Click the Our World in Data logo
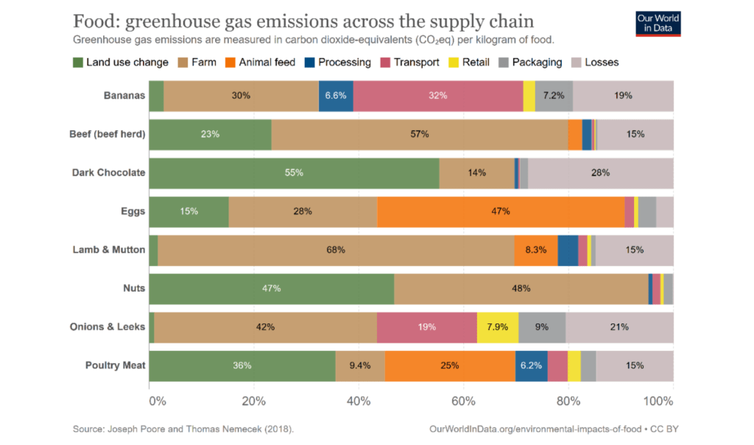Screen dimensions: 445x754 pyautogui.click(x=658, y=23)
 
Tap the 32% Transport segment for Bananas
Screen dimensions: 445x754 pyautogui.click(x=438, y=96)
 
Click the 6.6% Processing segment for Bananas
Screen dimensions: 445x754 pyautogui.click(x=336, y=96)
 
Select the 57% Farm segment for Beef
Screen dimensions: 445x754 pyautogui.click(x=420, y=134)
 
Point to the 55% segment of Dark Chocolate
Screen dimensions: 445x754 pyautogui.click(x=294, y=172)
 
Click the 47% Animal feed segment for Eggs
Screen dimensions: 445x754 pyautogui.click(x=501, y=211)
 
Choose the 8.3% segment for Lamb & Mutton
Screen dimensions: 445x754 pyautogui.click(x=535, y=250)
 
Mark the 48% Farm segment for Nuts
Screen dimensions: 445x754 pyautogui.click(x=521, y=288)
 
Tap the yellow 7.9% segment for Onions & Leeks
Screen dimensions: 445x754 pyautogui.click(x=498, y=326)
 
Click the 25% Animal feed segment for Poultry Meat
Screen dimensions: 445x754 pyautogui.click(x=450, y=365)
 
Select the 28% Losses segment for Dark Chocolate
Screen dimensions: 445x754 pyautogui.click(x=600, y=172)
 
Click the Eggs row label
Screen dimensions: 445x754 pyautogui.click(x=133, y=211)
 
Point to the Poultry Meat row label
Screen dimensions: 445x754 pyautogui.click(x=115, y=365)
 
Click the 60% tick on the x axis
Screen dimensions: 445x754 pyautogui.click(x=463, y=402)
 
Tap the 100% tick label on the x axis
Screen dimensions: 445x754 pyautogui.click(x=658, y=402)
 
